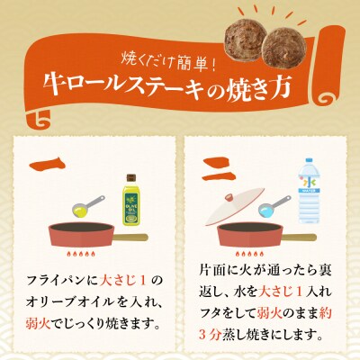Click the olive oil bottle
tap(140, 192)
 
